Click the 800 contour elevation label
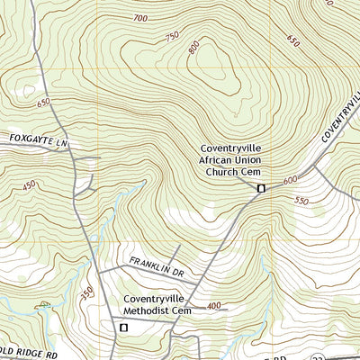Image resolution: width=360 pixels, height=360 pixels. (194, 49)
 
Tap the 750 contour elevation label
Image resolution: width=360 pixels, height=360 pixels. (173, 37)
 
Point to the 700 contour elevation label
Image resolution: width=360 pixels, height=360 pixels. (139, 18)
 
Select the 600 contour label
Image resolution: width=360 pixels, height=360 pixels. (290, 180)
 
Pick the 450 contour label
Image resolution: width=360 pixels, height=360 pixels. (29, 185)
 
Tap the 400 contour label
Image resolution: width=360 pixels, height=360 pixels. (213, 306)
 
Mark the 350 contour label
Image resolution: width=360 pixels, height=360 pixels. (87, 295)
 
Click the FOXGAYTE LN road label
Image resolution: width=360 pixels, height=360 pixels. (39, 140)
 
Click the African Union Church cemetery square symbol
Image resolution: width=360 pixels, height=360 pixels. (261, 188)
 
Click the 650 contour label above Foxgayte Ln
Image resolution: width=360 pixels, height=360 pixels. (42, 103)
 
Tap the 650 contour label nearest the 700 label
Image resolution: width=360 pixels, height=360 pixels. (293, 40)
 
